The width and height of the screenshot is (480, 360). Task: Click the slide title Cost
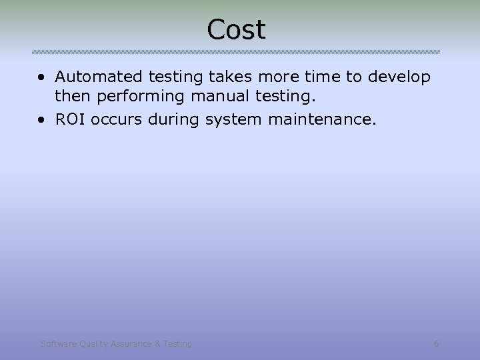coord(236,29)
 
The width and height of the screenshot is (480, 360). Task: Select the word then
coord(73,96)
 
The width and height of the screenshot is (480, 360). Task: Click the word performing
coord(140,97)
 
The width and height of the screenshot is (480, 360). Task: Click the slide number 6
coord(436,344)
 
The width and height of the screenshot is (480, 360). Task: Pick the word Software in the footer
coord(58,344)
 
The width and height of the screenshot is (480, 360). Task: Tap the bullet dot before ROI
coord(42,119)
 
